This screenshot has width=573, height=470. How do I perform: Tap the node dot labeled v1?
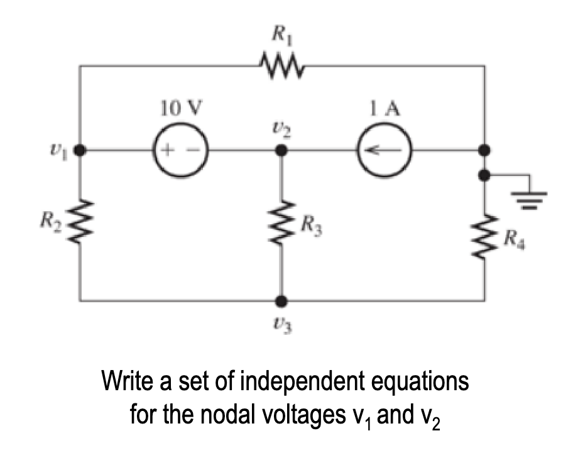pos(80,151)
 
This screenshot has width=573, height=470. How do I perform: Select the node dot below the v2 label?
pos(282,151)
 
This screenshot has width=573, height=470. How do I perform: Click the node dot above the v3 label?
pos(282,301)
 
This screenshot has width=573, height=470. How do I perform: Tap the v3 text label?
pos(281,326)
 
